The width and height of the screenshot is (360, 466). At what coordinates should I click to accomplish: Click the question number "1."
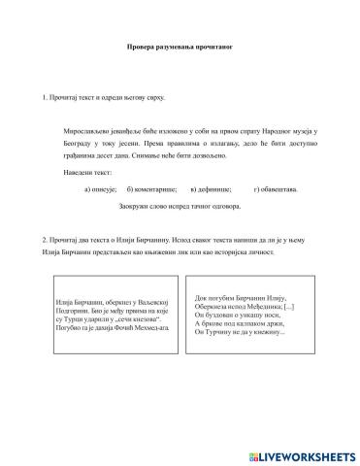(x=46, y=99)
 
